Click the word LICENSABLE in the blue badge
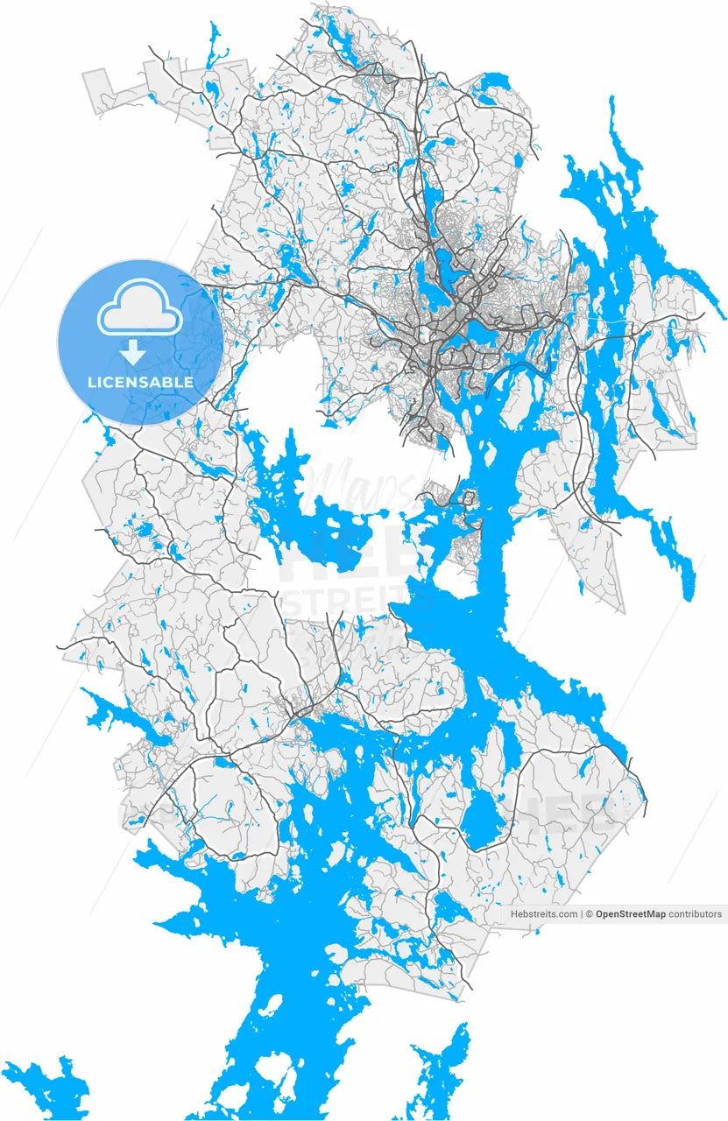point(140,383)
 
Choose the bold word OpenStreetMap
point(630,914)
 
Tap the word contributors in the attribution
point(696,914)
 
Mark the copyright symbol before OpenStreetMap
point(590,914)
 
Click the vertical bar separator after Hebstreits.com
point(582,914)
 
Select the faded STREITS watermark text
point(346,605)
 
